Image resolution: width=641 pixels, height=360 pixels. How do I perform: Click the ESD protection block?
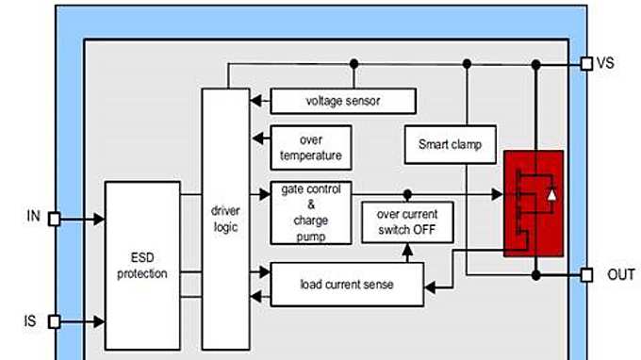142,266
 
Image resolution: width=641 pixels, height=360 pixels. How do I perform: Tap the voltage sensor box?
343,101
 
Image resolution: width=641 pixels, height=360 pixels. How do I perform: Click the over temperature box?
305,147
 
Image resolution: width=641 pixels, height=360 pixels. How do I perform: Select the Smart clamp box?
450,145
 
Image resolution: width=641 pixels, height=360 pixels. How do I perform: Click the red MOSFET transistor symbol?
534,203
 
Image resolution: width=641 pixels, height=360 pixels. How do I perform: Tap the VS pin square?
586,63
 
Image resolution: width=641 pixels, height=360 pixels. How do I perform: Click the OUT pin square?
586,275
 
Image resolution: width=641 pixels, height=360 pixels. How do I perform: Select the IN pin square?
55,219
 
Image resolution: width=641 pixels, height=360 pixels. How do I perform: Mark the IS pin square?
55,321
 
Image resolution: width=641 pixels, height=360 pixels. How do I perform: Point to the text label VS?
606,63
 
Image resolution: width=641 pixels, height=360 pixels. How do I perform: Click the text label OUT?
620,275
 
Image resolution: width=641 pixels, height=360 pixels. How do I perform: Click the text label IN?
33,217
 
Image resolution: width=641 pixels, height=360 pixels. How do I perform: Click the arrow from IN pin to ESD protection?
82,219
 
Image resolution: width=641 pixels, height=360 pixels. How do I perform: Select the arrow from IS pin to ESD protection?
82,321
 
